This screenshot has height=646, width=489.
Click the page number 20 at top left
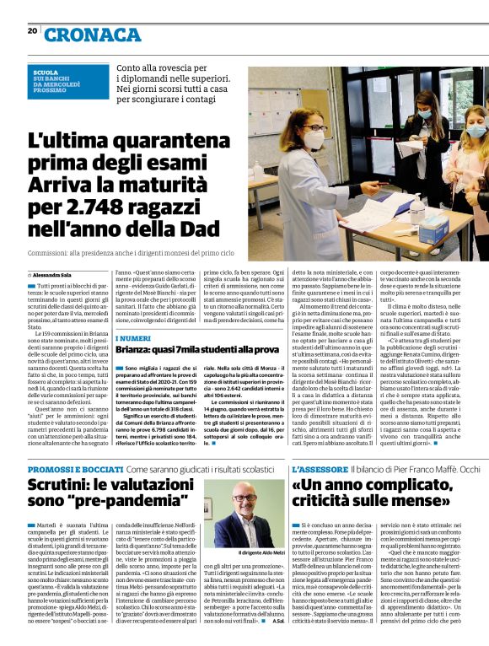[x=33, y=30]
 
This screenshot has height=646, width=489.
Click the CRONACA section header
[x=93, y=34]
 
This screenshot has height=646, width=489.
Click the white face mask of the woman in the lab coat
[x=313, y=140]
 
